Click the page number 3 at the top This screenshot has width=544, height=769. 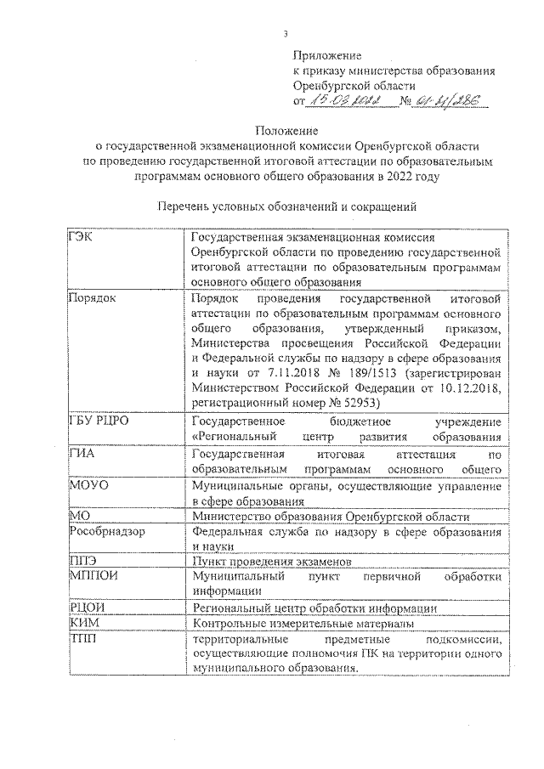coord(286,33)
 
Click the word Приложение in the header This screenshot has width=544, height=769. coord(326,55)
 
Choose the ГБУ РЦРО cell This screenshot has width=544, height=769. coord(97,421)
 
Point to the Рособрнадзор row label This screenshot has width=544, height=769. coord(105,530)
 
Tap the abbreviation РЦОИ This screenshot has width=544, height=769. coord(84,608)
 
